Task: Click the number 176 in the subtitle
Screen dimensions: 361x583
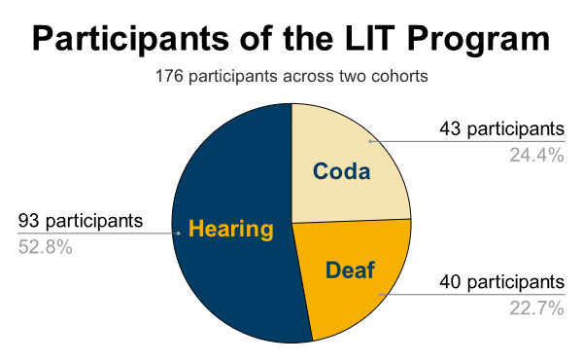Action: pyautogui.click(x=168, y=76)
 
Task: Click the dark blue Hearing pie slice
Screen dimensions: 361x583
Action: pyautogui.click(x=228, y=282)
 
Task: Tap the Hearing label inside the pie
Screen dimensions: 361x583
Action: pyautogui.click(x=230, y=230)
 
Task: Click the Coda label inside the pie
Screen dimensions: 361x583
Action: pyautogui.click(x=341, y=172)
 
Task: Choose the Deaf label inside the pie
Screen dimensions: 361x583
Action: pyautogui.click(x=350, y=270)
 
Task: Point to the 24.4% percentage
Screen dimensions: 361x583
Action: pyautogui.click(x=536, y=155)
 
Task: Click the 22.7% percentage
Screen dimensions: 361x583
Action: pyautogui.click(x=536, y=308)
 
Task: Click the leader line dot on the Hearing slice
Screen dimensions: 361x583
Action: pyautogui.click(x=178, y=234)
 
